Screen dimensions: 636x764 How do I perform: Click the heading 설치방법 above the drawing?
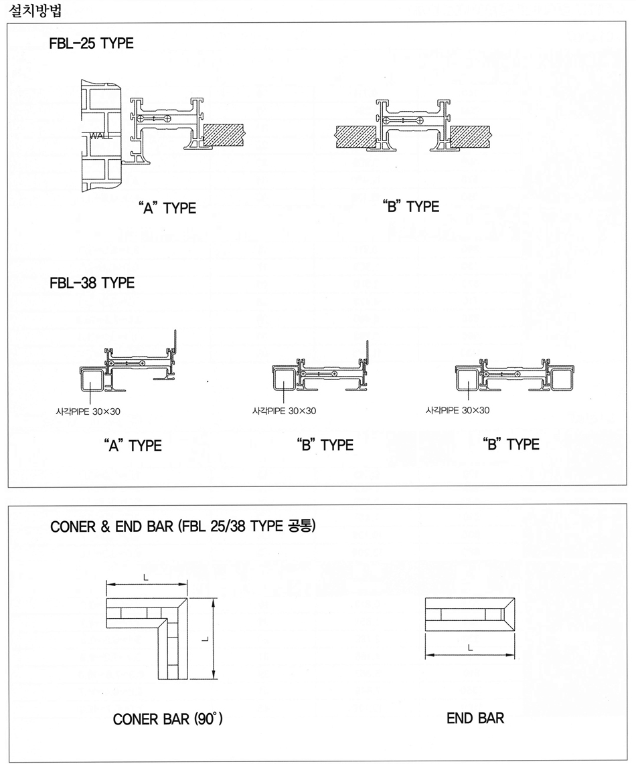pos(35,10)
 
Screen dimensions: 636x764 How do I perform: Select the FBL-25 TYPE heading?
pos(91,43)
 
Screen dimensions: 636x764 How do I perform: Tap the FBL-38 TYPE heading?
pos(92,282)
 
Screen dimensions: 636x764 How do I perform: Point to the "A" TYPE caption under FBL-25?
pos(167,208)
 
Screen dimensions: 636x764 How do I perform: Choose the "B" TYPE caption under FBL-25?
pos(410,206)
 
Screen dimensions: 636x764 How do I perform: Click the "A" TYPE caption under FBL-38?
pos(133,446)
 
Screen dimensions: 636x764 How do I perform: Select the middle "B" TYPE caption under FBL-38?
pos(325,445)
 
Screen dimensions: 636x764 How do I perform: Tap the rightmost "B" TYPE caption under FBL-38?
pos(511,444)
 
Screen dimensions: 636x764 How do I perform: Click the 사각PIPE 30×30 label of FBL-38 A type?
pos(88,411)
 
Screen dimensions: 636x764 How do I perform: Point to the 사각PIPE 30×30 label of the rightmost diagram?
pos(457,410)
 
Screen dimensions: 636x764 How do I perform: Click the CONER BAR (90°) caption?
pos(168,719)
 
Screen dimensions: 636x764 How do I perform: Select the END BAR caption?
pos(475,718)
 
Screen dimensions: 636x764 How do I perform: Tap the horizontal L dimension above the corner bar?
pos(147,583)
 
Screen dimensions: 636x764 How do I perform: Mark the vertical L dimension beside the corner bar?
pos(213,639)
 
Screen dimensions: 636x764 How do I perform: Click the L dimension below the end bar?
pos(470,655)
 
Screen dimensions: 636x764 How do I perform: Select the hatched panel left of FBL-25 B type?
pos(355,135)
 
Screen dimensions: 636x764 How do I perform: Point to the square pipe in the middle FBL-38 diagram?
pos(284,379)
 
